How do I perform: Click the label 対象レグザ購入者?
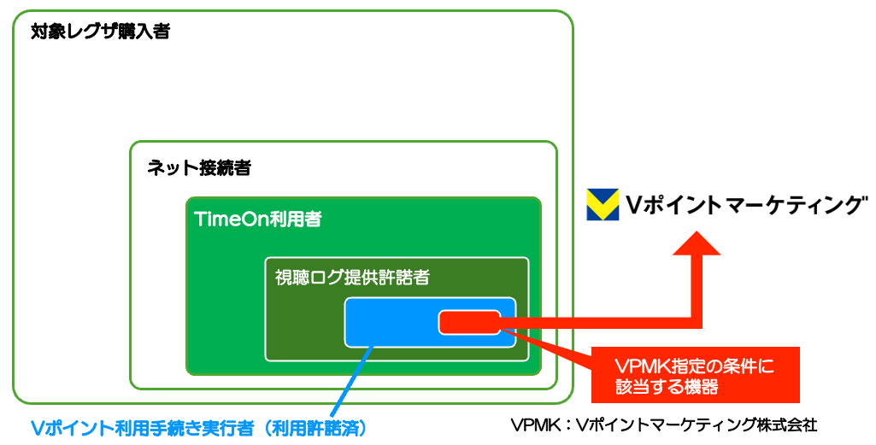click(x=100, y=32)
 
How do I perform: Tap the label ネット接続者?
click(x=198, y=167)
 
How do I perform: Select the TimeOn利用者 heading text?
click(x=258, y=220)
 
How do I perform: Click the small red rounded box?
click(x=469, y=323)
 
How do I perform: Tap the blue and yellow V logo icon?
click(x=603, y=205)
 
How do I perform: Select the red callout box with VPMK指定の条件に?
click(x=695, y=374)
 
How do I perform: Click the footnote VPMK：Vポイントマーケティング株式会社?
click(x=663, y=425)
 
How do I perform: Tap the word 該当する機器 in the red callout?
click(x=666, y=386)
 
